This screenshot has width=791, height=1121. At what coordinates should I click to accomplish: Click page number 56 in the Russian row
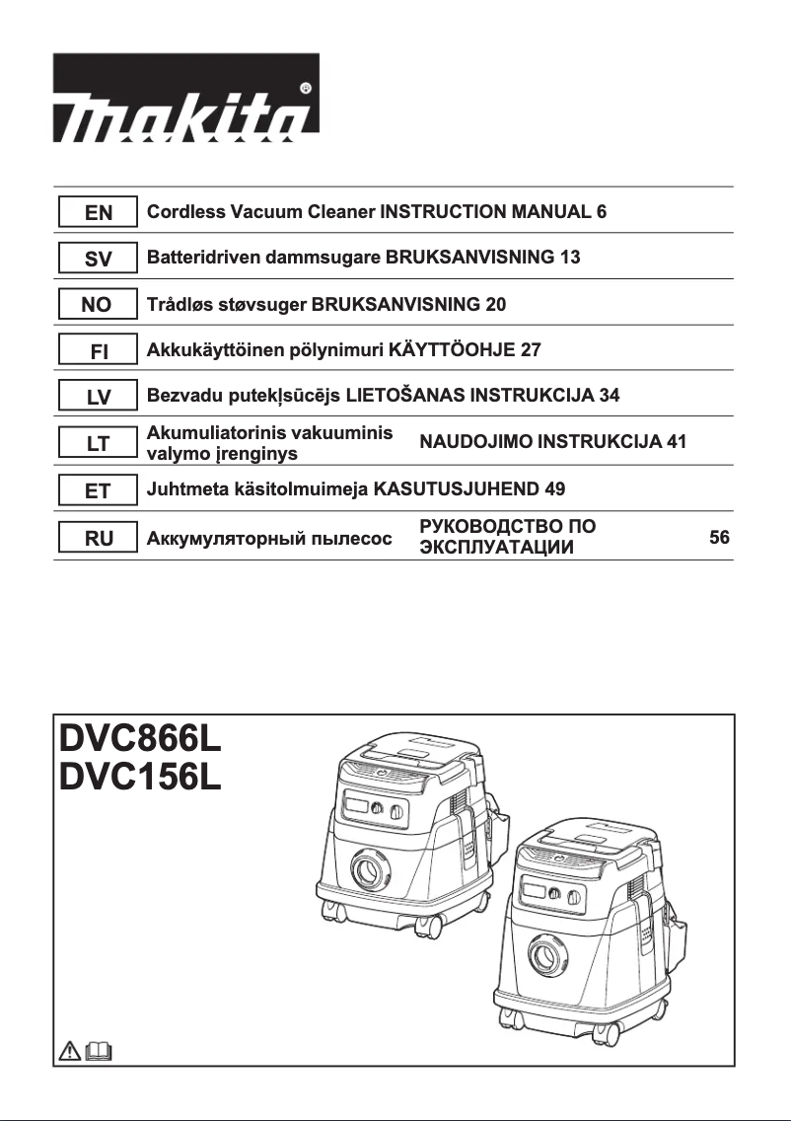(x=719, y=538)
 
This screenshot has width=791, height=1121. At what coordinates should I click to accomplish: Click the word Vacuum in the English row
(x=254, y=212)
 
